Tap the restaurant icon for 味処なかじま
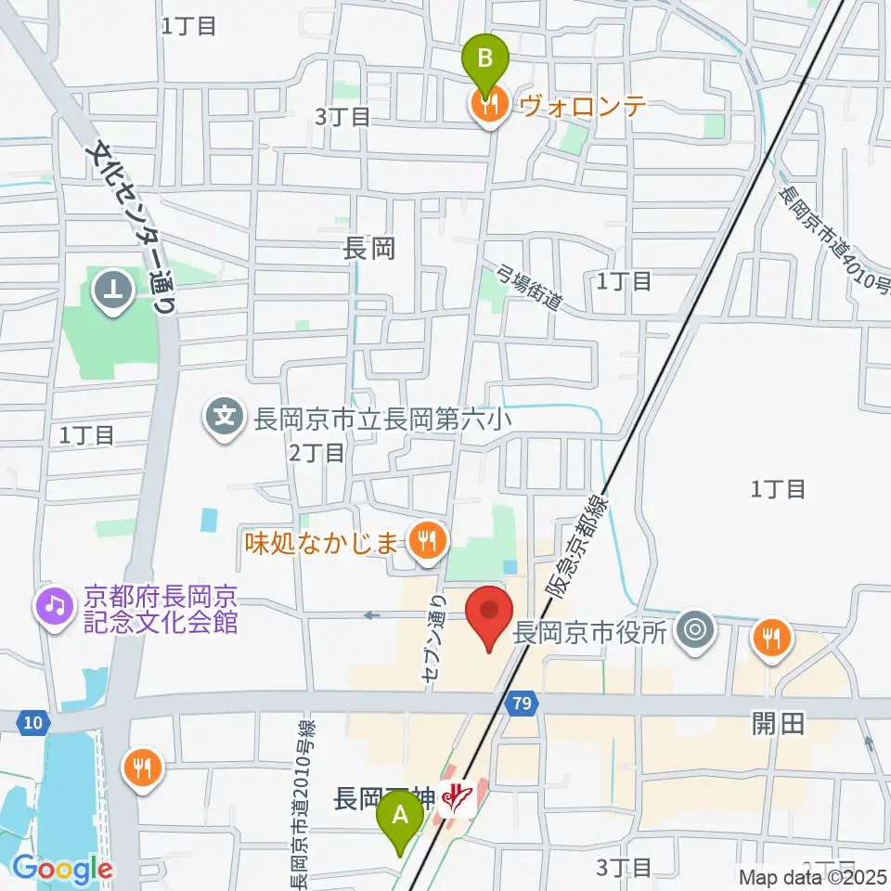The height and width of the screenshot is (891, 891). (427, 537)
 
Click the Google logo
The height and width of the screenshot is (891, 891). (61, 870)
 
